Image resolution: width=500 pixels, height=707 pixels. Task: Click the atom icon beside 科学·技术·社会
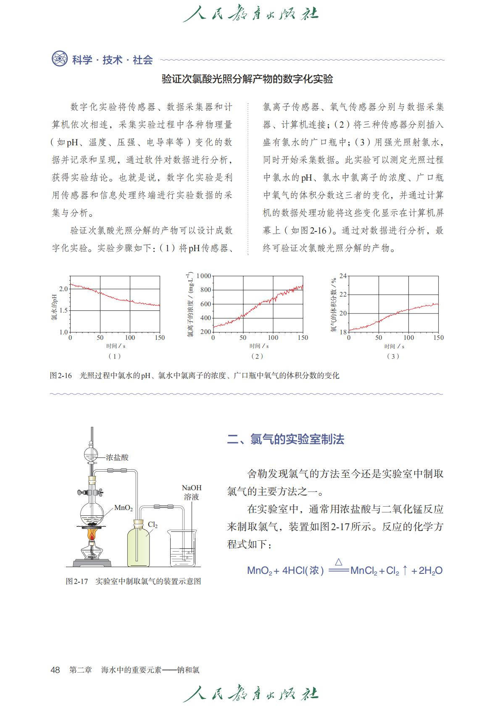click(x=60, y=59)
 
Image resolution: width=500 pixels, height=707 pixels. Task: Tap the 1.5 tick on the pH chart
click(x=63, y=310)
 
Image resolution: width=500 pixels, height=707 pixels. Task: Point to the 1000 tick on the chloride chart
click(x=203, y=276)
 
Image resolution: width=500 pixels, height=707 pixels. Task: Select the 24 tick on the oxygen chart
click(x=343, y=276)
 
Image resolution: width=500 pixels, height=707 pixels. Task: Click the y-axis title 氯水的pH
click(x=54, y=307)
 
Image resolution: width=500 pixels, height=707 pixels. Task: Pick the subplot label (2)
click(x=257, y=356)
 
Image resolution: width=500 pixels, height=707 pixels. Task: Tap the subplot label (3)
click(x=393, y=356)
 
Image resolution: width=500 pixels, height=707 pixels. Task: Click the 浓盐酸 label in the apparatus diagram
click(x=117, y=457)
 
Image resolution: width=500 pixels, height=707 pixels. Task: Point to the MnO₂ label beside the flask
click(x=123, y=508)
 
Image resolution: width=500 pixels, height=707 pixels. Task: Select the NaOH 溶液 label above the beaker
click(x=192, y=492)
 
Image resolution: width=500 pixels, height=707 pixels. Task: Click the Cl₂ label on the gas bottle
click(x=153, y=525)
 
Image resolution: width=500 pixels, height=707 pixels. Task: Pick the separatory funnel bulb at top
click(x=91, y=455)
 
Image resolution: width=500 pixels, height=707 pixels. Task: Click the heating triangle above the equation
click(x=339, y=562)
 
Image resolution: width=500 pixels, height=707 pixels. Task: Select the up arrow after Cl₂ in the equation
click(x=405, y=570)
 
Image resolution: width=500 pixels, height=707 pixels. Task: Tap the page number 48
click(x=55, y=670)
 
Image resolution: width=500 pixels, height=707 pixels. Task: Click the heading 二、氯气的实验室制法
click(x=286, y=439)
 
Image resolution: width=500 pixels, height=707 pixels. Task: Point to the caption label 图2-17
click(x=76, y=581)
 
